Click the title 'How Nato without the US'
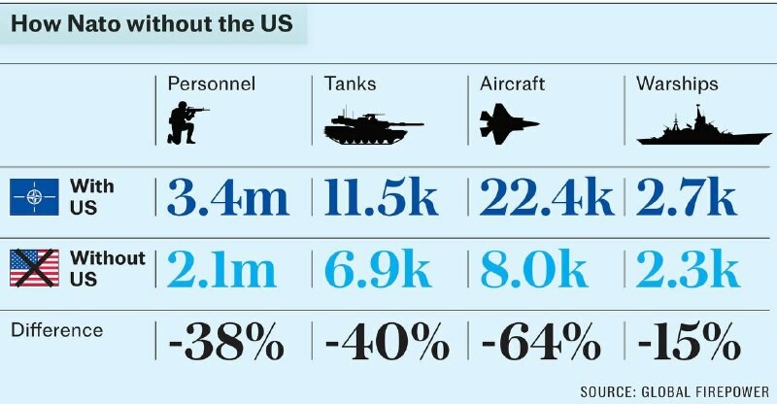click(152, 24)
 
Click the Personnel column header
click(212, 84)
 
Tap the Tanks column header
click(350, 84)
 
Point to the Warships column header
click(677, 84)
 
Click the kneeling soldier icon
click(186, 123)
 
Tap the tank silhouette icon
click(371, 127)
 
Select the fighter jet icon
click(508, 124)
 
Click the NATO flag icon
click(34, 198)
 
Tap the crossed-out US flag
click(34, 268)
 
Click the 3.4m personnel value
click(228, 198)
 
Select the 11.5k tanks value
click(382, 198)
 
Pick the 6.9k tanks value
click(378, 269)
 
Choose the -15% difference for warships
click(689, 340)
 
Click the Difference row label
click(56, 330)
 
